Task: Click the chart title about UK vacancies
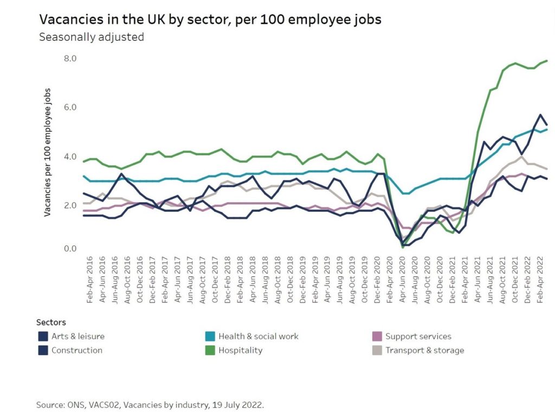click(x=210, y=20)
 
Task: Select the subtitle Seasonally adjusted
click(x=91, y=37)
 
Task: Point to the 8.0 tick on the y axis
click(x=70, y=59)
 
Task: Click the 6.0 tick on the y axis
click(x=70, y=107)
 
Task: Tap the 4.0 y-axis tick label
click(x=70, y=157)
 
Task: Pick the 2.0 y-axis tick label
click(x=70, y=205)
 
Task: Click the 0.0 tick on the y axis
click(x=70, y=249)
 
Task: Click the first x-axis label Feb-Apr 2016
click(x=90, y=281)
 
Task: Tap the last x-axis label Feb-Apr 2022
click(x=540, y=281)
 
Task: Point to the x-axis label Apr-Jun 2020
click(x=403, y=281)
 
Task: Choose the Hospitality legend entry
click(x=240, y=351)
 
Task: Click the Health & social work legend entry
click(x=258, y=337)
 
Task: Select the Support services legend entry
click(x=418, y=337)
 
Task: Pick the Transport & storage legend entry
click(x=424, y=351)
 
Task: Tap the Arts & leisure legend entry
click(x=78, y=337)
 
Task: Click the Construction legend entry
click(x=76, y=351)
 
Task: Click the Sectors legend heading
click(x=51, y=322)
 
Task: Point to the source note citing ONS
click(x=151, y=405)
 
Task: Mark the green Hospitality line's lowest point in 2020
click(x=403, y=247)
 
